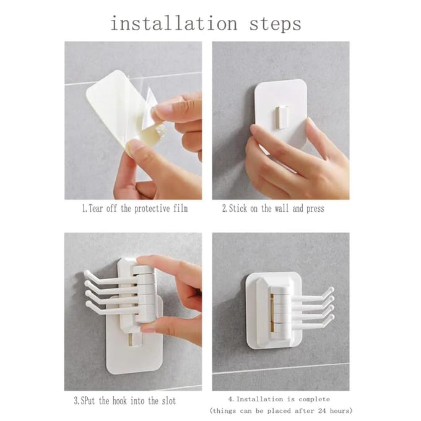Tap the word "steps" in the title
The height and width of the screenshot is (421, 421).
pyautogui.click(x=276, y=25)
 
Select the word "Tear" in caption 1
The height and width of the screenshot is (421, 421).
pyautogui.click(x=95, y=209)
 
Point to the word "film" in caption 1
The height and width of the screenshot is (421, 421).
pyautogui.click(x=180, y=209)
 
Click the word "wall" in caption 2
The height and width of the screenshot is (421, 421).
pyautogui.click(x=282, y=209)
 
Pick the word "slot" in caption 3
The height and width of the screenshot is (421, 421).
pyautogui.click(x=169, y=401)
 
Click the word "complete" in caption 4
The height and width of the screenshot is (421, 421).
pyautogui.click(x=314, y=399)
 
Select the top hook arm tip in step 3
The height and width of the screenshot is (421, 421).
pyautogui.click(x=87, y=274)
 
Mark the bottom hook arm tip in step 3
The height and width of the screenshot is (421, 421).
pyautogui.click(x=89, y=304)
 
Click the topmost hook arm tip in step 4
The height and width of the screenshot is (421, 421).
pyautogui.click(x=332, y=290)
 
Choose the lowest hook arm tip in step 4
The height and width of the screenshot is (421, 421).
pyautogui.click(x=332, y=317)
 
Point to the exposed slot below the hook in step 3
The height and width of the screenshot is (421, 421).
pyautogui.click(x=131, y=340)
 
